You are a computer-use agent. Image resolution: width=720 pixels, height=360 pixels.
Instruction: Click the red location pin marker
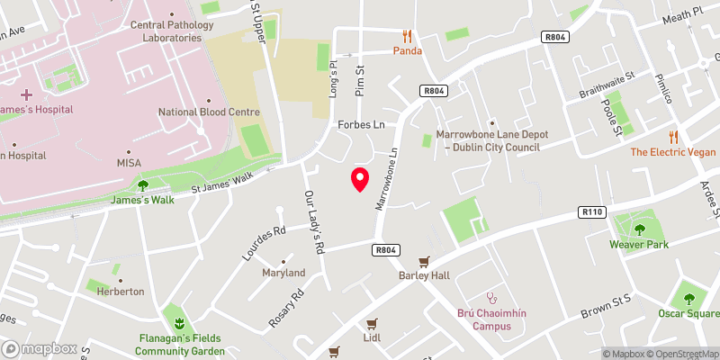(359, 178)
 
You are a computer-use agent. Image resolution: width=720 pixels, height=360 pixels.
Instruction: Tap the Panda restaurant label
(407, 50)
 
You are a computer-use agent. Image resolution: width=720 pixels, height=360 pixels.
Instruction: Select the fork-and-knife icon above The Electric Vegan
(673, 136)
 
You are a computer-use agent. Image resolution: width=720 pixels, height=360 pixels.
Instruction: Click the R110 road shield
(591, 212)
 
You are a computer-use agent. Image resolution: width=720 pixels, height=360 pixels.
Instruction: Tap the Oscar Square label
(688, 313)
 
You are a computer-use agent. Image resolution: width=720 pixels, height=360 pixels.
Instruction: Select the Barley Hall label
(424, 275)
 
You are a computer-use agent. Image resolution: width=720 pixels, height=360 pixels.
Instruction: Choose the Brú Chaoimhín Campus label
(490, 319)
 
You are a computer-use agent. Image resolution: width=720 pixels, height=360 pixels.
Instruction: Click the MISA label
(129, 163)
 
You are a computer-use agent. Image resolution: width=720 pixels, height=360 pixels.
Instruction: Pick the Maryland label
(283, 272)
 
